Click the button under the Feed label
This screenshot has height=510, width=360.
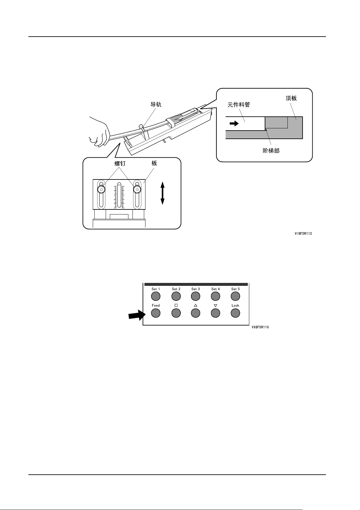pos(156,313)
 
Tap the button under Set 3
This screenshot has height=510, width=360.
pos(196,296)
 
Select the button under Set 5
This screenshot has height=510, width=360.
pos(235,296)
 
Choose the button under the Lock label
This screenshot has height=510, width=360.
pos(235,313)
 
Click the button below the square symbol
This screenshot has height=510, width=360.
pos(176,313)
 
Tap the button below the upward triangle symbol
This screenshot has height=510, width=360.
pos(196,313)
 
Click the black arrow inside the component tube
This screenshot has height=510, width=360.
pos(234,124)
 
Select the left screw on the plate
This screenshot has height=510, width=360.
pos(101,189)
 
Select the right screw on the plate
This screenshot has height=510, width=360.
pos(137,189)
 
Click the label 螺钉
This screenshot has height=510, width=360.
pos(120,163)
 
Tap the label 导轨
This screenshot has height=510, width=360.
pos(156,104)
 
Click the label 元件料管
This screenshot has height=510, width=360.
pos(239,105)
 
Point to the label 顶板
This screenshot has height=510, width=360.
pos(291,98)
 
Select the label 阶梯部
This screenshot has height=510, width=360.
pos(271,151)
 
